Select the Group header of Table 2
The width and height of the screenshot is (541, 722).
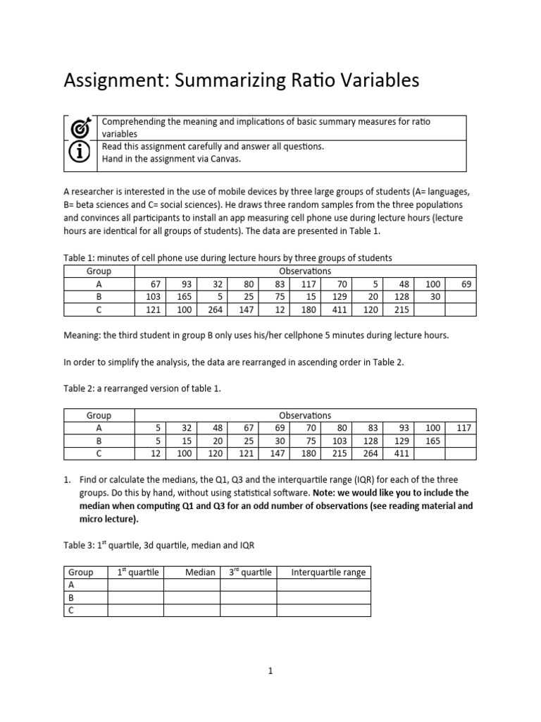click(99, 415)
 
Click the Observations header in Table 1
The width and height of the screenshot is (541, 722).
click(305, 271)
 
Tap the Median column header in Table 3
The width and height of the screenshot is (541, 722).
click(199, 572)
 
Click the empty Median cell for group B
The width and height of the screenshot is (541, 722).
click(192, 597)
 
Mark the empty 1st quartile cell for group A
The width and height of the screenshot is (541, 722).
click(135, 585)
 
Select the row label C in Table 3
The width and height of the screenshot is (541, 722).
click(70, 610)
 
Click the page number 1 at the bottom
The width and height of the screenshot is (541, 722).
click(270, 671)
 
